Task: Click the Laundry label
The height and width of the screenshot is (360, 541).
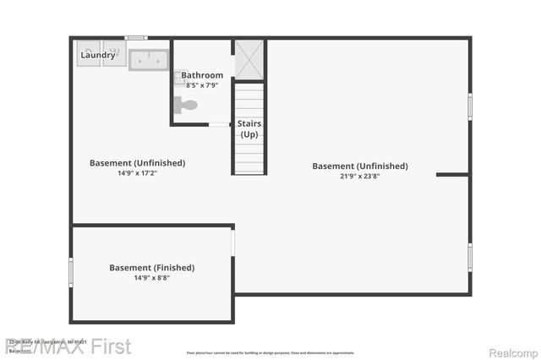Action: [98, 55]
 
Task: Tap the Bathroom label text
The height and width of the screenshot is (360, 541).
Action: [202, 75]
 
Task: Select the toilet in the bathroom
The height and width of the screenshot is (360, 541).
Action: [186, 106]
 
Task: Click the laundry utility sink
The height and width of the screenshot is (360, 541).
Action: [149, 59]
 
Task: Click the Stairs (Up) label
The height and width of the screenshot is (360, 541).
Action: [249, 128]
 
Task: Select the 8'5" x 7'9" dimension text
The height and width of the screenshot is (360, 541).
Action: [202, 85]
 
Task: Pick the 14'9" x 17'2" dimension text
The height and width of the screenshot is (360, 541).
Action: [137, 173]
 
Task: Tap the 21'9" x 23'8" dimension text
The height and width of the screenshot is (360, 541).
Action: [360, 177]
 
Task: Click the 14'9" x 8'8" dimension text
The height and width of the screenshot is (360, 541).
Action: [151, 278]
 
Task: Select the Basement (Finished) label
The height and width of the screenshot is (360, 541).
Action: [151, 267]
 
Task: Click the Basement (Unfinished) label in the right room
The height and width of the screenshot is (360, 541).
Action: [360, 166]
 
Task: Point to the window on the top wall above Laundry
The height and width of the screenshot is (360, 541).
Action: [135, 38]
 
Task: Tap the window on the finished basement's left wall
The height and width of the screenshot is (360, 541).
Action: [71, 272]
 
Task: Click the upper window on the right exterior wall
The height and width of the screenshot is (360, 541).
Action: [470, 107]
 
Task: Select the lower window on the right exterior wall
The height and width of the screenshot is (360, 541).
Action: [470, 256]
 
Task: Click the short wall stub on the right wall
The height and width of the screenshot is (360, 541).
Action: [452, 175]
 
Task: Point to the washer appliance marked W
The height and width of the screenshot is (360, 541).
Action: [114, 54]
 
